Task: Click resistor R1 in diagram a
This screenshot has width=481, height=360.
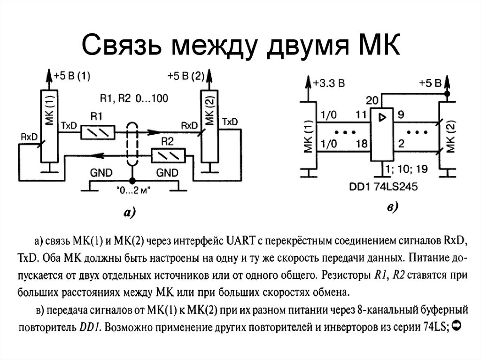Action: coord(98,132)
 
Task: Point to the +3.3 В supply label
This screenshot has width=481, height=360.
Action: coord(329,84)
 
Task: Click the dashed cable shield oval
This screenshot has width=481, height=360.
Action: coord(132,144)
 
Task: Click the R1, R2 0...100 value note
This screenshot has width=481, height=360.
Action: coord(134,99)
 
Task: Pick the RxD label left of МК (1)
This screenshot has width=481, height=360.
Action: coord(29,137)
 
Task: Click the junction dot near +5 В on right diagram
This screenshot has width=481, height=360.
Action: coord(447,94)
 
